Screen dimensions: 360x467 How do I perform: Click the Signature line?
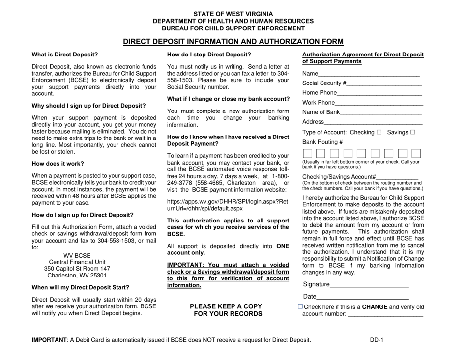pyautogui.click(x=369, y=286)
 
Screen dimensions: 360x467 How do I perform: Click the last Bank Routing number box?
pyautogui.click(x=416, y=153)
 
